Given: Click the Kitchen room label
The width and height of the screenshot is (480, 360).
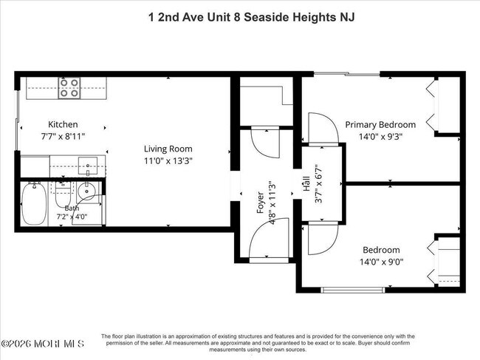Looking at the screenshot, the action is [63, 124].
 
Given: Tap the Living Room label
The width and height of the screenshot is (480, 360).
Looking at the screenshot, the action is [168, 149].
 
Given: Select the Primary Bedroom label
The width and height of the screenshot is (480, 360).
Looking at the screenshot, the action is [380, 125].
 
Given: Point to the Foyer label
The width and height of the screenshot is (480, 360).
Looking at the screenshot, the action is [260, 203].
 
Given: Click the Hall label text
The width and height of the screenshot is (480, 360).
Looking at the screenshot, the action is [306, 186].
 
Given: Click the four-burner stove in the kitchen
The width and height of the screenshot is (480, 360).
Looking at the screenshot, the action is [69, 88].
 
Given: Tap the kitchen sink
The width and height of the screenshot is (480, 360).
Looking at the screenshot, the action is [88, 166].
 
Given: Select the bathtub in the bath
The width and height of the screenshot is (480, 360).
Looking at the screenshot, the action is [34, 203].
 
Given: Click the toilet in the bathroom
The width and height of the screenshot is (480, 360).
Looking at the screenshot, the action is [63, 194].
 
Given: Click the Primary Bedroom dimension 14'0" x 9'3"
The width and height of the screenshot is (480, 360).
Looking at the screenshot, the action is [380, 136].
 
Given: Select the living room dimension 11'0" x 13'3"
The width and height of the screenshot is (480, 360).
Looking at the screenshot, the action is [168, 161].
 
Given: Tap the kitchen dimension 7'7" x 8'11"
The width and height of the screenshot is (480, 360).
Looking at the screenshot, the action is [63, 136].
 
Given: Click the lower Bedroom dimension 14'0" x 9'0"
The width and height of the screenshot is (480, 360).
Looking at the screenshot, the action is [381, 262].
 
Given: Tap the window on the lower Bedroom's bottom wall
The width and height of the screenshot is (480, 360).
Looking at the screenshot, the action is [353, 290].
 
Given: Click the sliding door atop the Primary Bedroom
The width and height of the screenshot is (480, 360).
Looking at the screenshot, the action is [347, 73].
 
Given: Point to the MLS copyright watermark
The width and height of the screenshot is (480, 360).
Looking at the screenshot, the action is [42, 344].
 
